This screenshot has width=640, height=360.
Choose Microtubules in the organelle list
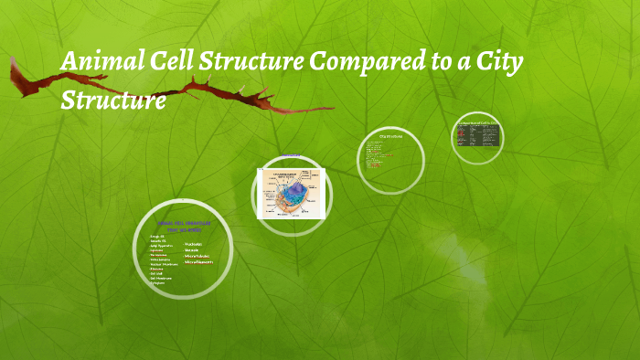pyautogui.click(x=197, y=257)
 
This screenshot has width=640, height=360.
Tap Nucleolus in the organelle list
pyautogui.click(x=193, y=244)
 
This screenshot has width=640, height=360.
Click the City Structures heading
pyautogui.click(x=391, y=139)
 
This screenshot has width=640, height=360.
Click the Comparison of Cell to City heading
pyautogui.click(x=479, y=122)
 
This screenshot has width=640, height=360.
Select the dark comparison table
pyautogui.click(x=478, y=136)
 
